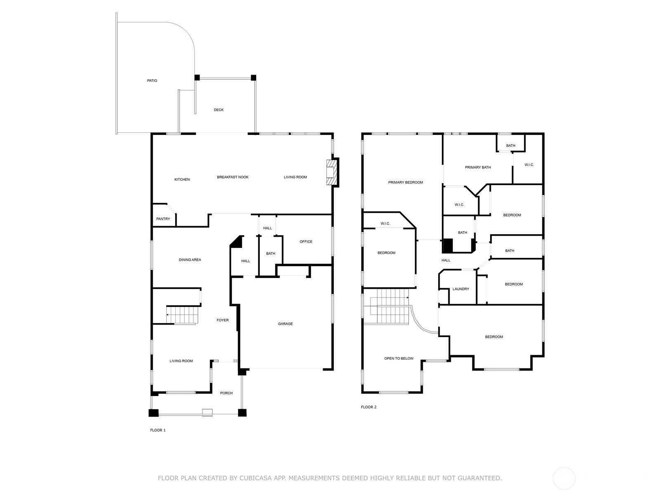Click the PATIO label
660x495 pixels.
(x=152, y=80)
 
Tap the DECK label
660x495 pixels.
(x=219, y=110)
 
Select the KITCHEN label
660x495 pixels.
(x=182, y=179)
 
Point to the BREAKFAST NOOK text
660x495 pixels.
(x=233, y=177)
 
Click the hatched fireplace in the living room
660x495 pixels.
(x=331, y=172)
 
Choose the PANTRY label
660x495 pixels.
(x=163, y=219)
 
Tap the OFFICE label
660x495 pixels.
(x=306, y=242)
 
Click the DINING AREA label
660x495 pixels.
(x=190, y=260)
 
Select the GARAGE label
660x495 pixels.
(x=285, y=324)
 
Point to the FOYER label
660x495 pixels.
(x=222, y=320)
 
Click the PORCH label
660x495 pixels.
(x=226, y=393)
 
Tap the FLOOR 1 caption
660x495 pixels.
(x=158, y=430)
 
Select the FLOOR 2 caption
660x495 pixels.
(x=369, y=407)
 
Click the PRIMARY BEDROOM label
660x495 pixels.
(x=405, y=182)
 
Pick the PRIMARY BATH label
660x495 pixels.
(x=478, y=167)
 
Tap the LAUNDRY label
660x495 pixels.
(x=461, y=289)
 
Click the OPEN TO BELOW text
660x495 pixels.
(x=399, y=358)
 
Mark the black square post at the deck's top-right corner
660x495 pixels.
(x=253, y=78)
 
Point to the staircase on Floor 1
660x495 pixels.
(x=182, y=315)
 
